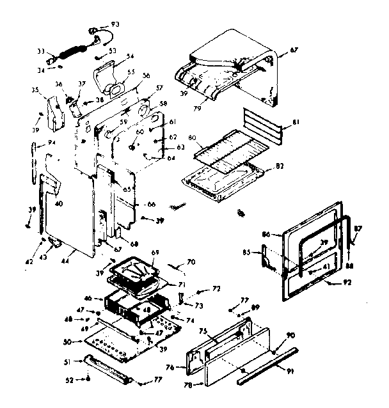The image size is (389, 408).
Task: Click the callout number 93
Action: point(115,24)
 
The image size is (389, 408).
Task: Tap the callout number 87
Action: point(358,228)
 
